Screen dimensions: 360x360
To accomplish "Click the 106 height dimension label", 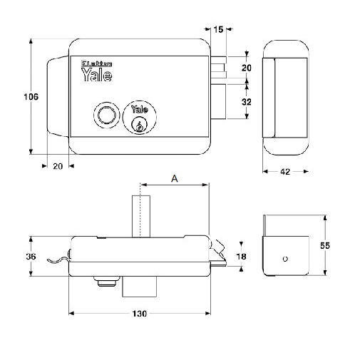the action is click(31, 97).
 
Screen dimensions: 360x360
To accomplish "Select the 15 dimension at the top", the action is click(218, 30).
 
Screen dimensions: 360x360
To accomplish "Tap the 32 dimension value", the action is click(247, 102).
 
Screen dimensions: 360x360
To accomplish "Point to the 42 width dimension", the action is click(285, 172).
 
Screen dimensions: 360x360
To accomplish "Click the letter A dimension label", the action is click(175, 178).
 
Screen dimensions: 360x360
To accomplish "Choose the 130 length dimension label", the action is click(140, 314).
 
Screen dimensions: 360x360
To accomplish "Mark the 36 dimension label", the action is click(31, 257).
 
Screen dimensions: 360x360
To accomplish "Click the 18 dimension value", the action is click(241, 257).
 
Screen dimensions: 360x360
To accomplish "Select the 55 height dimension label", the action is click(325, 245).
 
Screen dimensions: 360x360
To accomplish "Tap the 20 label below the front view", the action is click(58, 166).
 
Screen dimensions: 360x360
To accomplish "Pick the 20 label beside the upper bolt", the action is click(247, 68).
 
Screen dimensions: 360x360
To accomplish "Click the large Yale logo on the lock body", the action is click(97, 75).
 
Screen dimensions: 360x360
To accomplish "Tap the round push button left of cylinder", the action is click(106, 115).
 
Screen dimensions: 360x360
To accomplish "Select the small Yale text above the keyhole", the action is click(140, 109).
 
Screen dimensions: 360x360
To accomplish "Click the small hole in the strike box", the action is click(285, 259).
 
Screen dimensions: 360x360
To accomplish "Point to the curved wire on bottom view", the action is click(57, 259).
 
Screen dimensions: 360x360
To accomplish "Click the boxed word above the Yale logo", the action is click(97, 63).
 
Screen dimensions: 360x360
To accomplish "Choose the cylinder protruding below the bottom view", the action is click(140, 287).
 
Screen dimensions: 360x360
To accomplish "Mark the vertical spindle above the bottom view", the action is click(141, 216).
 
